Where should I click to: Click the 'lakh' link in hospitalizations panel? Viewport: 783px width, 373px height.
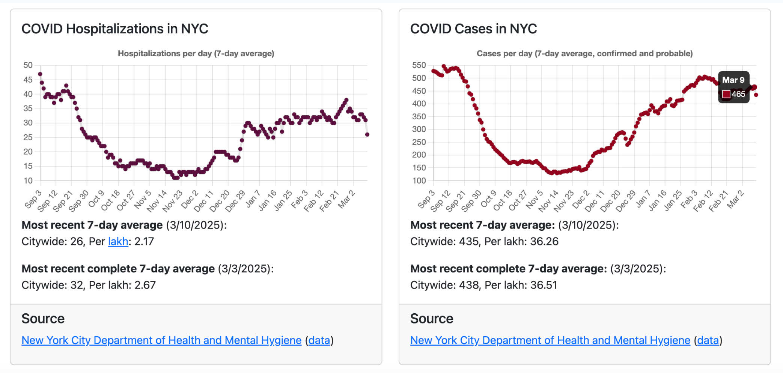point(118,241)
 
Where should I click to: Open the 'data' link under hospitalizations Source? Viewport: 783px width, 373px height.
point(319,340)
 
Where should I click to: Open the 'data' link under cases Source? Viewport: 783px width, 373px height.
point(708,340)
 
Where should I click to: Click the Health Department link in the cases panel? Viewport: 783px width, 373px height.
point(550,340)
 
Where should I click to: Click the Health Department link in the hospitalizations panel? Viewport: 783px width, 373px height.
point(161,340)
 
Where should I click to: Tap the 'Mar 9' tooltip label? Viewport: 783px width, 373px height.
point(733,80)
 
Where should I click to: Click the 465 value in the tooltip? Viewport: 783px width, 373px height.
point(738,94)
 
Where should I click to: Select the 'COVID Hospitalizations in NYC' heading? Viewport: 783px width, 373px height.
point(114,29)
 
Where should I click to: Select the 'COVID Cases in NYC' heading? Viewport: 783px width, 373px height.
point(473,29)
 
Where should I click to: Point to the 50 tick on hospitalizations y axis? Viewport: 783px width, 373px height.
point(28,65)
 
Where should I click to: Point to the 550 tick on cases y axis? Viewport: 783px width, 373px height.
point(419,65)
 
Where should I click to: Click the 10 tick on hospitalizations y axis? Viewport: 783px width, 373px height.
point(28,180)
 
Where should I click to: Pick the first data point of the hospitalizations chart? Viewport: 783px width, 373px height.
point(40,74)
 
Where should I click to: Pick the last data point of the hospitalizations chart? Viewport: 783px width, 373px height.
point(367,134)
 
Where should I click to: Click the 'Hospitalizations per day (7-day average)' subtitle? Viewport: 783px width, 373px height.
point(196,54)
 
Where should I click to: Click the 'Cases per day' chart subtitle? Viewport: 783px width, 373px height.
point(584,54)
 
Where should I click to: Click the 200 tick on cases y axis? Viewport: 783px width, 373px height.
point(419,155)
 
